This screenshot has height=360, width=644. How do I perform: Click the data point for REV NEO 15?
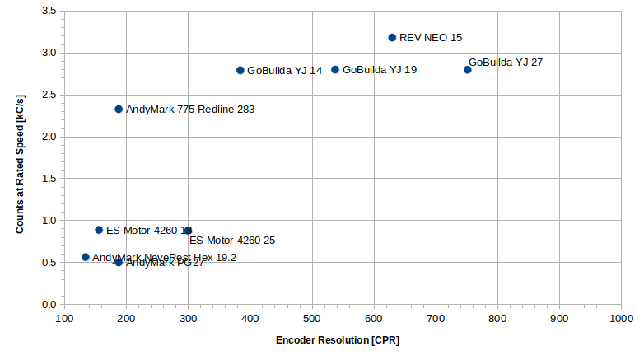point(392,38)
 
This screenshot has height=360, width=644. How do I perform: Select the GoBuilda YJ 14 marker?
point(240,71)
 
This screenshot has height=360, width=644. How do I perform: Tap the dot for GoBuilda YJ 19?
point(335,70)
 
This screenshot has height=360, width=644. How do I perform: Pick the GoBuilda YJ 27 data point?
point(468,70)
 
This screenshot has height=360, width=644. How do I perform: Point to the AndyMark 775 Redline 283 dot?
point(119,110)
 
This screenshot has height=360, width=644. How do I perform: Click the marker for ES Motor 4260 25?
point(189,231)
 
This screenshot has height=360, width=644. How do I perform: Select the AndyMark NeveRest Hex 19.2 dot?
point(86,258)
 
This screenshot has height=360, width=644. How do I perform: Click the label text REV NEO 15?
point(431,38)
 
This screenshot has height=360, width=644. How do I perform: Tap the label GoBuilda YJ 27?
point(506,62)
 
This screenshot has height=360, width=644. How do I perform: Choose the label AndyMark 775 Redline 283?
point(190,110)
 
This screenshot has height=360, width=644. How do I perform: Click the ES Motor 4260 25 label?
point(232,241)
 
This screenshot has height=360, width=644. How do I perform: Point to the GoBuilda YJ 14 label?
point(284,71)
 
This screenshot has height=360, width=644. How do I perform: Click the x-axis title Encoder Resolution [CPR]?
point(338,340)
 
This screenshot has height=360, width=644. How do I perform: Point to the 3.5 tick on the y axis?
point(49,12)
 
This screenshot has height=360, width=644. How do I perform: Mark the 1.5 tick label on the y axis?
point(49,179)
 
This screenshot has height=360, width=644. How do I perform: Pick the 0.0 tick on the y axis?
point(49,305)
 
